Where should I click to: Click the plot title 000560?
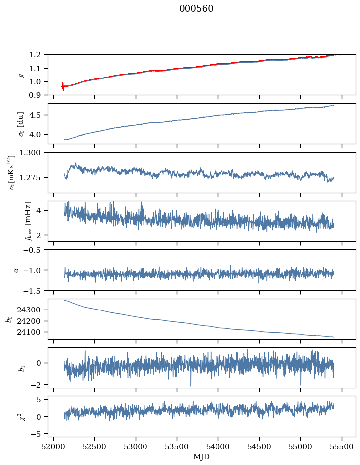click(x=196, y=8)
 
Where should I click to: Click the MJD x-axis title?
click(x=202, y=457)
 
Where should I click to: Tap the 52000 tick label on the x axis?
click(x=53, y=447)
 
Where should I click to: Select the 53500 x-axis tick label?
click(x=177, y=447)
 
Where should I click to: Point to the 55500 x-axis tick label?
click(x=342, y=447)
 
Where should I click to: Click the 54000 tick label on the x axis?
click(x=218, y=447)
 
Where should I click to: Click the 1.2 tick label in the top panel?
click(x=35, y=55)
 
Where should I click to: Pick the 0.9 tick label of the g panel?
click(x=35, y=95)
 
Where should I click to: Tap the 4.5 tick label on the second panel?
click(x=35, y=115)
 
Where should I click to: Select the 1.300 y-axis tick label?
click(x=30, y=152)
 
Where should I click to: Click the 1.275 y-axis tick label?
click(x=30, y=178)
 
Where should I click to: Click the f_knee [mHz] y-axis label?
click(x=28, y=221)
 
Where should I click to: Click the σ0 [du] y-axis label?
click(x=20, y=124)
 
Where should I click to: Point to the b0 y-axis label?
click(x=10, y=319)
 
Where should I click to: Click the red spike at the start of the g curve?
click(x=63, y=86)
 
